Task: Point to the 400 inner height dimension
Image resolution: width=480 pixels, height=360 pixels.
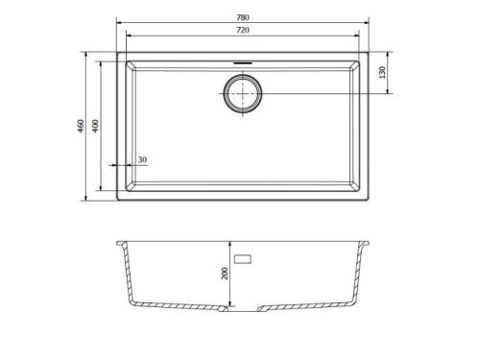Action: [x=97, y=125]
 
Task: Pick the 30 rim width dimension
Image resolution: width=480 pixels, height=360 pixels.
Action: [x=142, y=158]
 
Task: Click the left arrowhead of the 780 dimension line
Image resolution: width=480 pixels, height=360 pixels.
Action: [x=117, y=21]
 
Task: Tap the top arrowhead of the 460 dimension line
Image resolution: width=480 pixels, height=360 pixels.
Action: [x=89, y=55]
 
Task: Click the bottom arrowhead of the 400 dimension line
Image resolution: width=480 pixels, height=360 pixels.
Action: [x=105, y=191]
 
